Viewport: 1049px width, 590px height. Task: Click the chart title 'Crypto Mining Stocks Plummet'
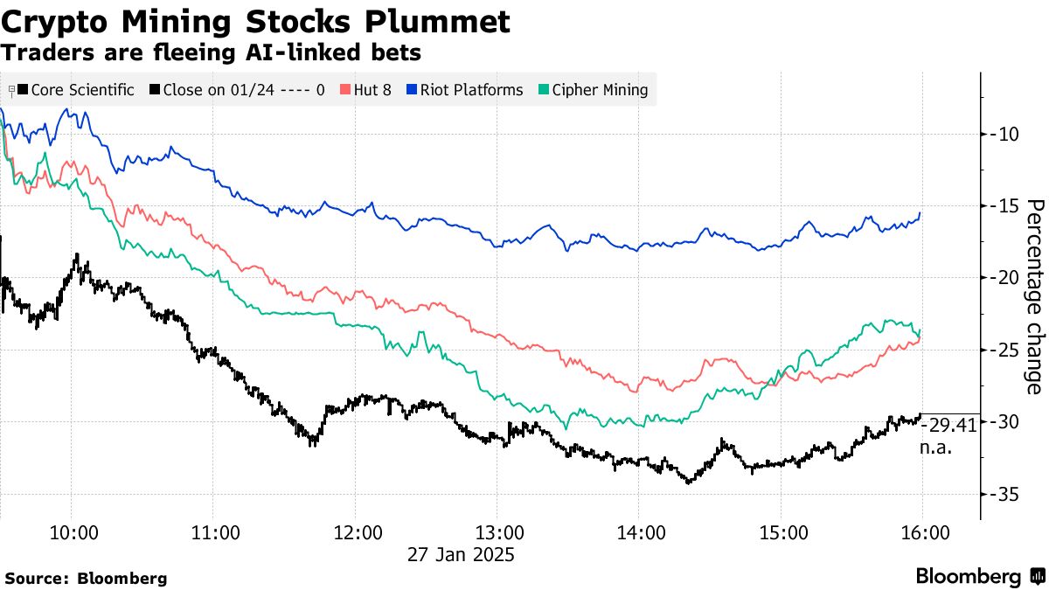tap(255, 21)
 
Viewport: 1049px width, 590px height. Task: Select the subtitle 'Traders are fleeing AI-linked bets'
tap(212, 53)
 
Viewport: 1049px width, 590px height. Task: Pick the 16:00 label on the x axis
tap(924, 533)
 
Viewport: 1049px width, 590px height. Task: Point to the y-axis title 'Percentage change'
tap(1034, 296)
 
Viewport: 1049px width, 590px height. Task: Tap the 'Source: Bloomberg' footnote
tap(86, 578)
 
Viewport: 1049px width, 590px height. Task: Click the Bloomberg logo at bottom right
tap(979, 576)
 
